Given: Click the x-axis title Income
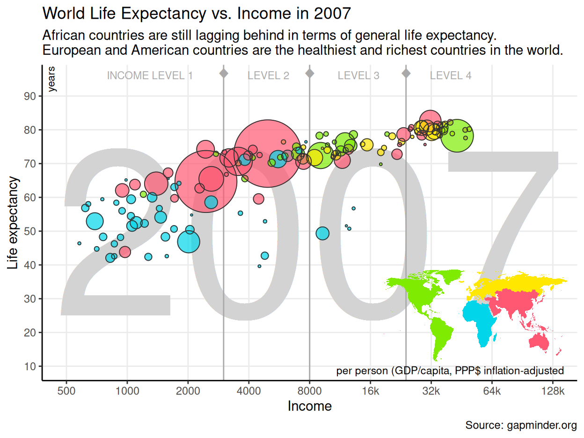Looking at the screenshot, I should pyautogui.click(x=309, y=406).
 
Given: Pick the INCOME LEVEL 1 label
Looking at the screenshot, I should pyautogui.click(x=150, y=75).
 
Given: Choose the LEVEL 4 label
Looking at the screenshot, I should pyautogui.click(x=451, y=75).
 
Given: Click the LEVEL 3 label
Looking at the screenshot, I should pyautogui.click(x=358, y=75).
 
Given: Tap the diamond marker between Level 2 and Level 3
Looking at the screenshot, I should pyautogui.click(x=309, y=73).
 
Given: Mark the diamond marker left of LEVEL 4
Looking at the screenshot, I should pyautogui.click(x=406, y=73).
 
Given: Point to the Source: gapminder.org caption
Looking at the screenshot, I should pyautogui.click(x=521, y=425).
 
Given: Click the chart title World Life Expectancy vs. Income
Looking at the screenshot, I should pyautogui.click(x=197, y=14).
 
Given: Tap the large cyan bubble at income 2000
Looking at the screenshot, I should pyautogui.click(x=189, y=242).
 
